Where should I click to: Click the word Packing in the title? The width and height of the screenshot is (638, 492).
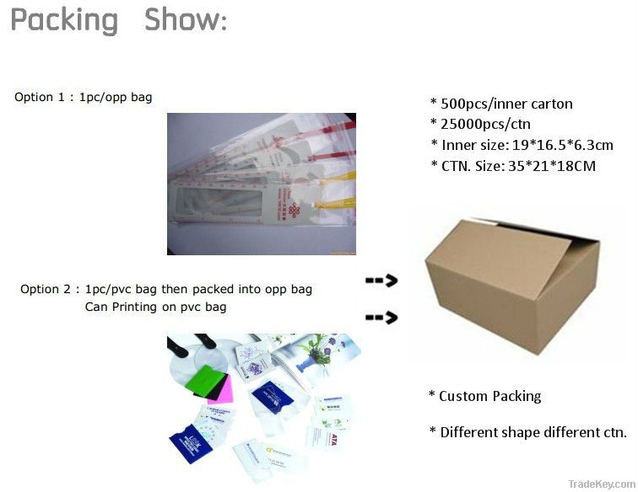(x=64, y=20)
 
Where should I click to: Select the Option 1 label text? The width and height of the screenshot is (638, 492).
(x=39, y=97)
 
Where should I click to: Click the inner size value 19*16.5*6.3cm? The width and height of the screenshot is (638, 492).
(x=560, y=145)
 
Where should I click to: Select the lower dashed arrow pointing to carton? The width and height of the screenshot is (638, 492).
(x=381, y=318)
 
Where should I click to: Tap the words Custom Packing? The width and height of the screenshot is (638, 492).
(x=489, y=396)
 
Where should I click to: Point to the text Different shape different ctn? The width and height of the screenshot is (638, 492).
(x=533, y=432)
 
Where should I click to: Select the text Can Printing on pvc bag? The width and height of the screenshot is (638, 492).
(x=155, y=307)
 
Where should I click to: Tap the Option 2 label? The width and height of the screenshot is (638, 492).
(x=50, y=289)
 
